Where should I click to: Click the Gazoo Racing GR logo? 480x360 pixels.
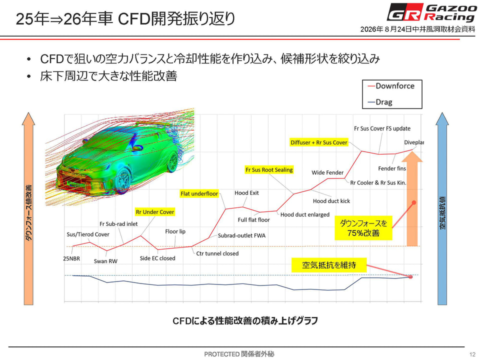click(431, 12)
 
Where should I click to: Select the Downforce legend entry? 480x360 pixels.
click(391, 86)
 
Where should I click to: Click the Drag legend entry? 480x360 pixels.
click(380, 102)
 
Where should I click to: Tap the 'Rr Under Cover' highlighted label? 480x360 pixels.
click(155, 212)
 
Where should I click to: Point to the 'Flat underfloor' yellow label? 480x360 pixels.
click(199, 193)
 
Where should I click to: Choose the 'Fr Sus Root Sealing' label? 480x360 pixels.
click(269, 170)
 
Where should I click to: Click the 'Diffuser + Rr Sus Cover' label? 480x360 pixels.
click(318, 142)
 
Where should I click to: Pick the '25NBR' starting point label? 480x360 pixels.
click(71, 258)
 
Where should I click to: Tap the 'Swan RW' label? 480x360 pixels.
click(105, 261)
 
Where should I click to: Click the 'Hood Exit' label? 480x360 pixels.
click(246, 193)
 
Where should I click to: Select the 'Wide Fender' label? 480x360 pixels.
click(327, 172)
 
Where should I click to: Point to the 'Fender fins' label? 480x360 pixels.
click(392, 168)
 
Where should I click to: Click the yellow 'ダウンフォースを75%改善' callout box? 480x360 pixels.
click(363, 228)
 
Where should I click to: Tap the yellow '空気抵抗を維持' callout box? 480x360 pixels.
click(329, 265)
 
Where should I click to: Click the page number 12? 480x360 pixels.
click(472, 354)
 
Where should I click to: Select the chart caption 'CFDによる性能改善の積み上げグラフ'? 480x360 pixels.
click(245, 321)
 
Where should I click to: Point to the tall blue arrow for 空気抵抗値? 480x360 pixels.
click(442, 208)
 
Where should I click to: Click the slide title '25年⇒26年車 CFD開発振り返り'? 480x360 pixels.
click(125, 19)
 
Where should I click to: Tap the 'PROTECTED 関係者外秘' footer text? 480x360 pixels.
click(239, 354)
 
